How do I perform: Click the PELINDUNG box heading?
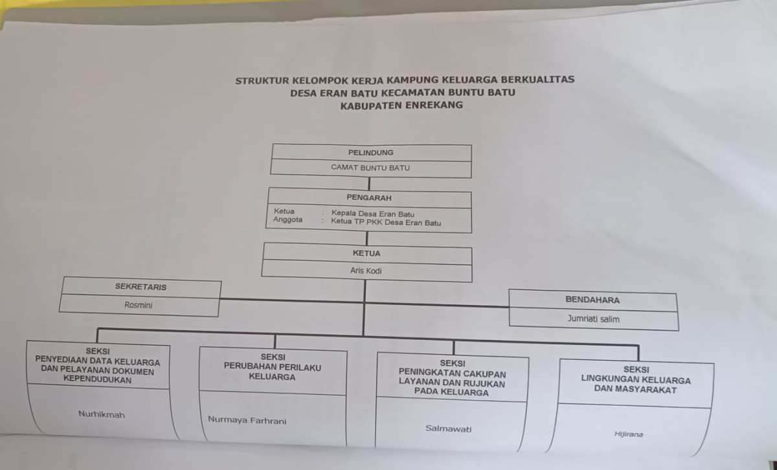(x=371, y=153)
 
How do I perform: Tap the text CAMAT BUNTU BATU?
(x=370, y=168)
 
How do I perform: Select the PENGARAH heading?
(x=368, y=197)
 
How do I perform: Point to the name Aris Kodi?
(x=366, y=271)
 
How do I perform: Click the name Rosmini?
(x=138, y=305)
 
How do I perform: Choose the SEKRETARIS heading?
(x=141, y=287)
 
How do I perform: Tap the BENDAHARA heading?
(x=592, y=300)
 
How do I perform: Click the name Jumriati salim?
(x=593, y=319)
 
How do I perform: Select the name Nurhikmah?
(x=101, y=414)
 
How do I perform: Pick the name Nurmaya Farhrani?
(x=247, y=420)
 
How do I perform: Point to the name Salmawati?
(x=448, y=429)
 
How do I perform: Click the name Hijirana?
(x=629, y=434)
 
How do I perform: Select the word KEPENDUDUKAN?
(x=98, y=380)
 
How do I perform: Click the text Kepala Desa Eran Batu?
(x=372, y=214)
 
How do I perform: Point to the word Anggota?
(x=287, y=219)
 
